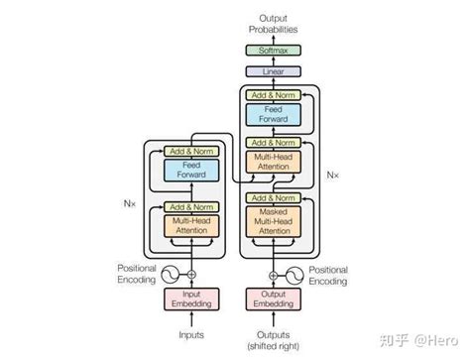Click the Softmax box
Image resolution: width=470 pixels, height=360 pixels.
(x=272, y=50)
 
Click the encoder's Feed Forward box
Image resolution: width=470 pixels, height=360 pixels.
(x=190, y=171)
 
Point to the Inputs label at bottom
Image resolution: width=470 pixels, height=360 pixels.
(x=190, y=335)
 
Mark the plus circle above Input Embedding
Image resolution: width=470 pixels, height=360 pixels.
(x=190, y=273)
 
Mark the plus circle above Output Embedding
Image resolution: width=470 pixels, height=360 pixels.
(x=273, y=273)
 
